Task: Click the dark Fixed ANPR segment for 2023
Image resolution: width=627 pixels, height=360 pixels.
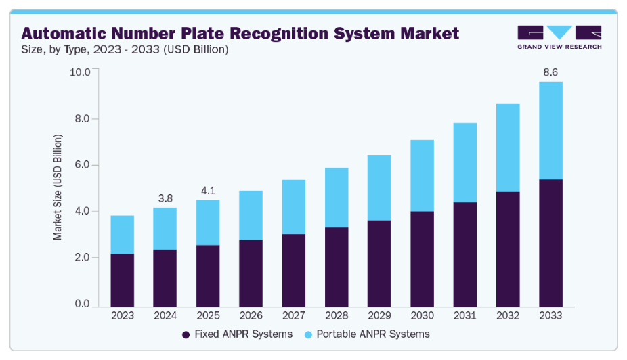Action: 123,279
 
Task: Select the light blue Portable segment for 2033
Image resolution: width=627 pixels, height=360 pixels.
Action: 550,131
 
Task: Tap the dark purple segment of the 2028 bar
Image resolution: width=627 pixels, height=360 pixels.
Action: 336,266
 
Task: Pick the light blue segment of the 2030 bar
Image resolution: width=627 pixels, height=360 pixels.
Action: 422,176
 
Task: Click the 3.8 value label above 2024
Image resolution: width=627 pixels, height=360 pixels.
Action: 165,198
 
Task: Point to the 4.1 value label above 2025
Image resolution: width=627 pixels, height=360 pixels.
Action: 207,191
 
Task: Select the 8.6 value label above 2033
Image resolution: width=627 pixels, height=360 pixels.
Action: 551,72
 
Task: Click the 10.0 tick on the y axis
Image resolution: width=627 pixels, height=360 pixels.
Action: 80,72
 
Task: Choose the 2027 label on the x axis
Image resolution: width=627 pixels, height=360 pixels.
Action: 293,315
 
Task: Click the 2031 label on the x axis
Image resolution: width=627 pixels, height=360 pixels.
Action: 464,315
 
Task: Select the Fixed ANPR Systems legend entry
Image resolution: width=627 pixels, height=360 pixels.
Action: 237,334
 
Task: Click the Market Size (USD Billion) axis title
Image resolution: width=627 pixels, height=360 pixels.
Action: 58,187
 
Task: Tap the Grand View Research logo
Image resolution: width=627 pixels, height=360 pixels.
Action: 559,37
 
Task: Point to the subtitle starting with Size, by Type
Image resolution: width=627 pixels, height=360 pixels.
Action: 125,49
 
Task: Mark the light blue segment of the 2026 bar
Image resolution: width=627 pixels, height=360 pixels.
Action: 251,215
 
